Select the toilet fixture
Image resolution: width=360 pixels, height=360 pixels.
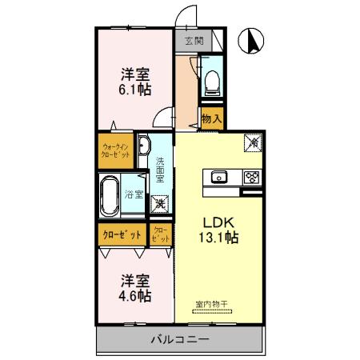[211, 80]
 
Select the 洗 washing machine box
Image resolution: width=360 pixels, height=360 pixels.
[160, 204]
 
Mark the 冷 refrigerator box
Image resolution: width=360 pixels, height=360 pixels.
[251, 142]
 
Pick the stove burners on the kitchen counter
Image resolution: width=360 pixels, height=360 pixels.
[251, 177]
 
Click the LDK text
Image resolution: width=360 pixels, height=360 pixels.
[216, 222]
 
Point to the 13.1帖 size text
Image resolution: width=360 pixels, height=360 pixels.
[218, 238]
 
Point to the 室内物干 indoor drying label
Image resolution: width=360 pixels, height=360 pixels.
[212, 304]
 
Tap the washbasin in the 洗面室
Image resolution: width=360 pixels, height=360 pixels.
[144, 147]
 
